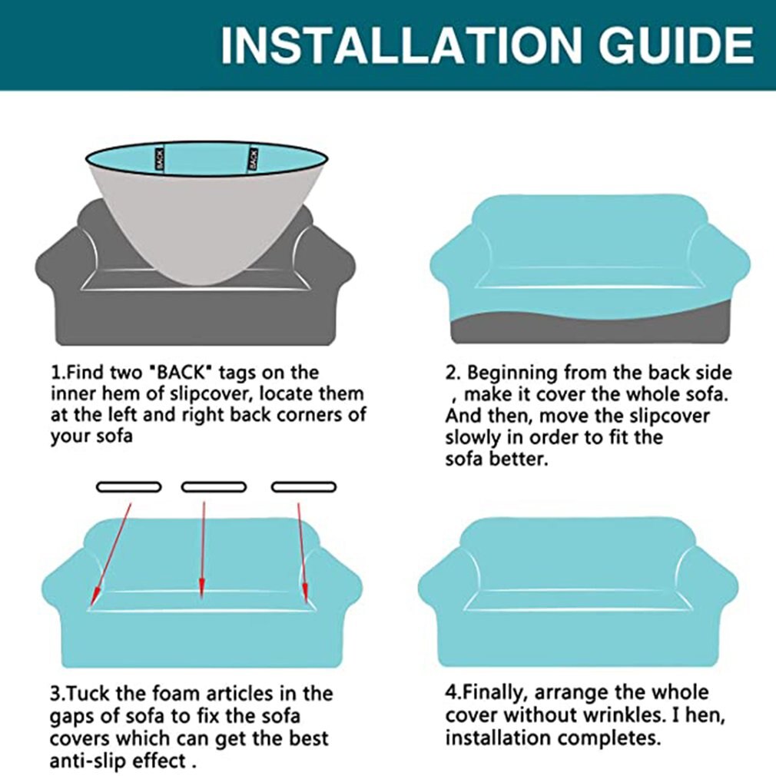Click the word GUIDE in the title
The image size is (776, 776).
[x=677, y=45]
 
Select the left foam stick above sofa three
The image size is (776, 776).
[x=128, y=487]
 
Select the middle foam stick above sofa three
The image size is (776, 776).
[x=214, y=487]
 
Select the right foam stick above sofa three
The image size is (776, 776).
[x=303, y=487]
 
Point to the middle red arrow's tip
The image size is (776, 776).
[x=201, y=598]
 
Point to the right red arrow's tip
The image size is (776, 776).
[x=306, y=602]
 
